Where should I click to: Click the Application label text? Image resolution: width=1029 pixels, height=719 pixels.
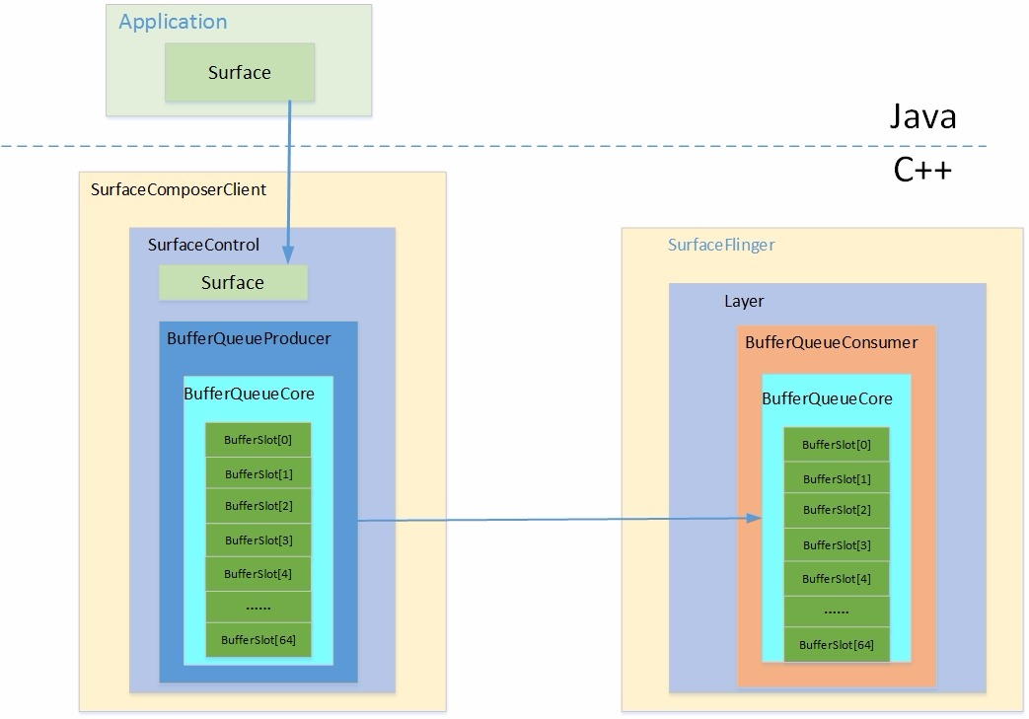coord(173,22)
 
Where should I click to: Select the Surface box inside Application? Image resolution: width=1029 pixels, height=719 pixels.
coord(239,72)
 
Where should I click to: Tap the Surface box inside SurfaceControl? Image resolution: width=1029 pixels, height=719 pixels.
coord(233,283)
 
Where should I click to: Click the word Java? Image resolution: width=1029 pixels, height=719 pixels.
coord(923,117)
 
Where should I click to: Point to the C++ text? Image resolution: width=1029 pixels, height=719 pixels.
coord(922,171)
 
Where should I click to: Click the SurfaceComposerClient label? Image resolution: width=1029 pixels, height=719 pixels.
coord(178,189)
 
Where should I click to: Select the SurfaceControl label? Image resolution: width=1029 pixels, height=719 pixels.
coord(203,245)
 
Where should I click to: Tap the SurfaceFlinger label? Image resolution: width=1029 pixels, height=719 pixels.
coord(721,245)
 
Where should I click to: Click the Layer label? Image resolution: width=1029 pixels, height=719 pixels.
coord(744,301)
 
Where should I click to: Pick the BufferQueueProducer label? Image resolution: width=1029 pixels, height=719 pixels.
coord(249,338)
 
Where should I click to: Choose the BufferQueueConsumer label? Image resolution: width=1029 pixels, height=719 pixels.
coord(831,342)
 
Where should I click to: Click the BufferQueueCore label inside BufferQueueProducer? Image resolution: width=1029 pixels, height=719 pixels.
coord(249,394)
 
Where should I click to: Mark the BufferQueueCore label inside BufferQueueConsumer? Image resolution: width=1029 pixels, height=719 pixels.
coord(827,398)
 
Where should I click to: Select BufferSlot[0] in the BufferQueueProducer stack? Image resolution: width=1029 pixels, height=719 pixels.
coord(257,439)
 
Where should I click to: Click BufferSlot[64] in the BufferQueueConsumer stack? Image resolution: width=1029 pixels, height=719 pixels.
coord(836,645)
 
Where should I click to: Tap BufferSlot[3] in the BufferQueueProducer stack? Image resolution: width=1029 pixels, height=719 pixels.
coord(257,539)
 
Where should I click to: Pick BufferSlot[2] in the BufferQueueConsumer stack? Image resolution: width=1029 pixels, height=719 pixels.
coord(836,510)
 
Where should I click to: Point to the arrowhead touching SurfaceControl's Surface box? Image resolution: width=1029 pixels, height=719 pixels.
coord(288,258)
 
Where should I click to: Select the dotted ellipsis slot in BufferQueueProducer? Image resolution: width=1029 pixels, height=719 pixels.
coord(257,607)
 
